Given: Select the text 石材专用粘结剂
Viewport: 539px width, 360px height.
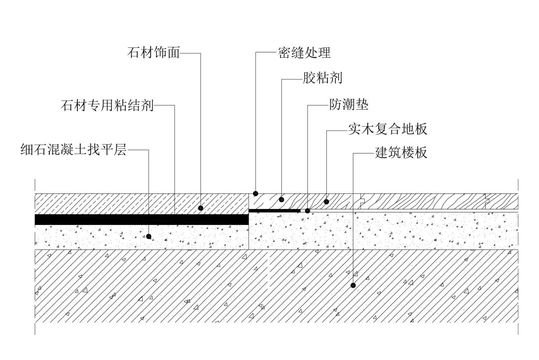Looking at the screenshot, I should tap(107, 106).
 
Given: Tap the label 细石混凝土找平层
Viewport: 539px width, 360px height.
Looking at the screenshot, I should tap(74, 149).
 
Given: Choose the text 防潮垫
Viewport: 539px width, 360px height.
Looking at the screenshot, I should tap(349, 105).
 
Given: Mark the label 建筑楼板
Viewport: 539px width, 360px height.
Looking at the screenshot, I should tap(401, 153).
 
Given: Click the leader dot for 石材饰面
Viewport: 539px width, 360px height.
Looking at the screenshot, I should tap(201, 207).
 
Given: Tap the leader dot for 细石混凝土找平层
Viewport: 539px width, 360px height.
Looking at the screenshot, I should tap(149, 236).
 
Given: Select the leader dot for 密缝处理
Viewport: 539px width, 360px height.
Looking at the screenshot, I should tap(256, 193).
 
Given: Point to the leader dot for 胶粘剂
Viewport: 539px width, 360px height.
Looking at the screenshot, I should tap(281, 199).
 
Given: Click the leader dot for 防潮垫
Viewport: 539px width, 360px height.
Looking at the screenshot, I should tap(307, 211).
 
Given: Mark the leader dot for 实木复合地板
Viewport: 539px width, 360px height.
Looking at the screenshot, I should tap(326, 201).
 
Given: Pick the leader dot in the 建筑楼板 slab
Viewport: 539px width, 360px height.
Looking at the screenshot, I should tap(353, 286).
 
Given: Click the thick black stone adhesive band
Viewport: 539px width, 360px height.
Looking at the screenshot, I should tap(140, 219).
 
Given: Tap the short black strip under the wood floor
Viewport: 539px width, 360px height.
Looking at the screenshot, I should tap(274, 211).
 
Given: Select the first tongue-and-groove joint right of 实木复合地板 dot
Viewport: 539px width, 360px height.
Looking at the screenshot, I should tap(363, 201).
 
